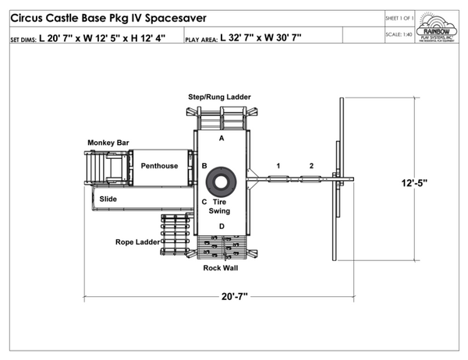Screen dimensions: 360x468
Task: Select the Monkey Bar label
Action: click(x=108, y=143)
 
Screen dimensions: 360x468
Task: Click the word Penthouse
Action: click(x=159, y=166)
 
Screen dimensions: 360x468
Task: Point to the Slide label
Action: click(x=108, y=199)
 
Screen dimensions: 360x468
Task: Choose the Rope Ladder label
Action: click(x=137, y=242)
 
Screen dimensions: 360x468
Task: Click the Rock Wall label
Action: click(x=221, y=268)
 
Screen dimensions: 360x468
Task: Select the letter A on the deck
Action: click(x=222, y=138)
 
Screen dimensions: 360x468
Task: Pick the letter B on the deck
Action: click(x=204, y=166)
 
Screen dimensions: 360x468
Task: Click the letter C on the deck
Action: click(x=204, y=202)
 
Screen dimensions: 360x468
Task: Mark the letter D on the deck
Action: click(x=222, y=226)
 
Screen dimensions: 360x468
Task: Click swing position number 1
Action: click(x=278, y=165)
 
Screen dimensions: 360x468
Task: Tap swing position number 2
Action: click(x=311, y=165)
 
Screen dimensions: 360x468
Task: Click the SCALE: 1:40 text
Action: click(x=399, y=34)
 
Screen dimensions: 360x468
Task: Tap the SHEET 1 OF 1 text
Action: click(x=399, y=16)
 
